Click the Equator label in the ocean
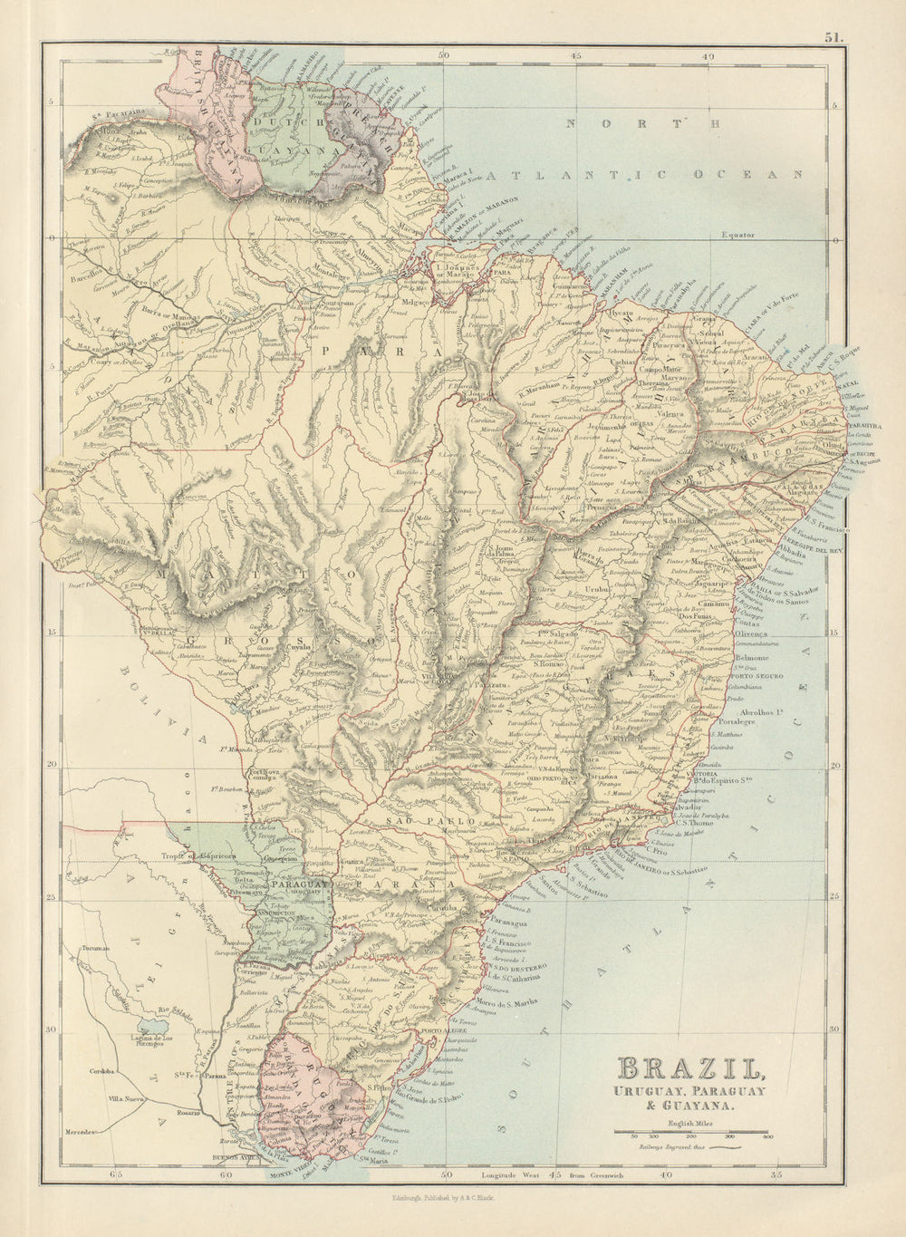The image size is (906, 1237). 737,235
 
